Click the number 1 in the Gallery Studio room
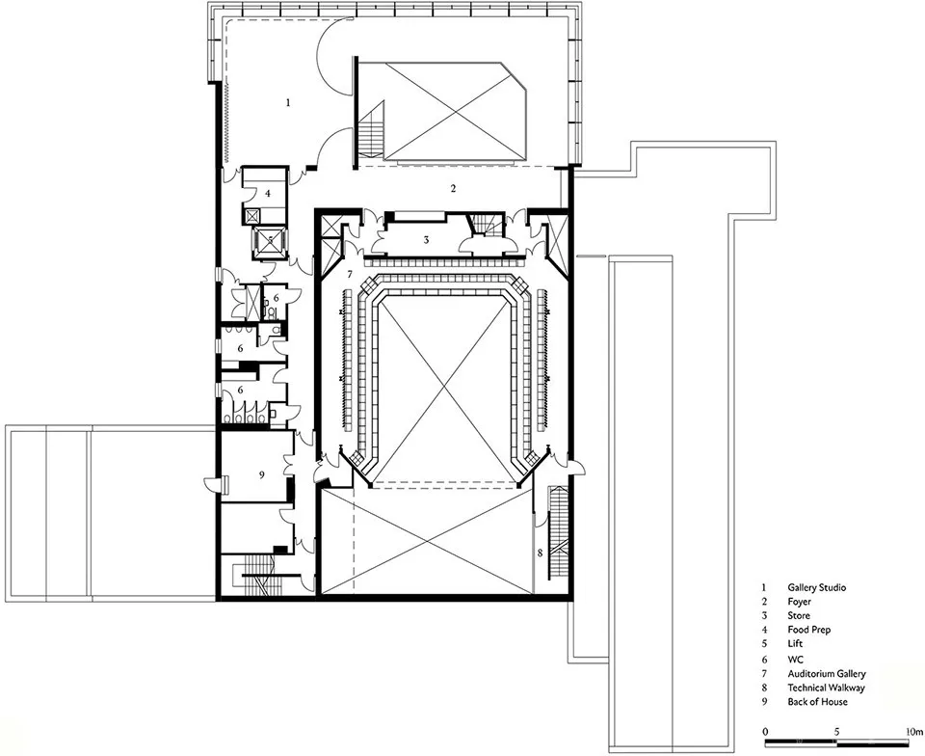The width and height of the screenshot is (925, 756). click(x=288, y=102)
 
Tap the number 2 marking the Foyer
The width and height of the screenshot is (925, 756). click(x=453, y=189)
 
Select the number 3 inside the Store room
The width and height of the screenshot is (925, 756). click(x=425, y=240)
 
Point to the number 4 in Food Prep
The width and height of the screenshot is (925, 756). click(x=267, y=193)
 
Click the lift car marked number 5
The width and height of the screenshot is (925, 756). click(x=270, y=239)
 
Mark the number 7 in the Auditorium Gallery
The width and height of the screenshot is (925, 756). click(x=350, y=274)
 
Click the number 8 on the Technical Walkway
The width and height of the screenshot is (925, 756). click(x=540, y=553)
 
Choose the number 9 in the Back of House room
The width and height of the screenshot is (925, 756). click(x=262, y=474)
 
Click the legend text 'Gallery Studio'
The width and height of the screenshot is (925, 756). click(x=816, y=588)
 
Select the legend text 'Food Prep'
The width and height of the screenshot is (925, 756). click(x=808, y=630)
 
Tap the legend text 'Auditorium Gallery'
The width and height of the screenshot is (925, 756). click(x=827, y=673)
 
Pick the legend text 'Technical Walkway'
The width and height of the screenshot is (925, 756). click(x=826, y=688)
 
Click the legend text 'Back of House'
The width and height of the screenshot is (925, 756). click(x=817, y=702)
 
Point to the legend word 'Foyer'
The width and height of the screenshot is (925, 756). click(x=800, y=602)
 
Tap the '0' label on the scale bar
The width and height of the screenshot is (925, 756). click(x=765, y=732)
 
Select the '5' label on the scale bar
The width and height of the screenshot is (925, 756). click(x=836, y=732)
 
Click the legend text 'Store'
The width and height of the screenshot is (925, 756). click(x=799, y=615)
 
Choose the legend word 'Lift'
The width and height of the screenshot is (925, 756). click(x=795, y=643)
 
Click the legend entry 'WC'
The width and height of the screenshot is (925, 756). click(x=795, y=660)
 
